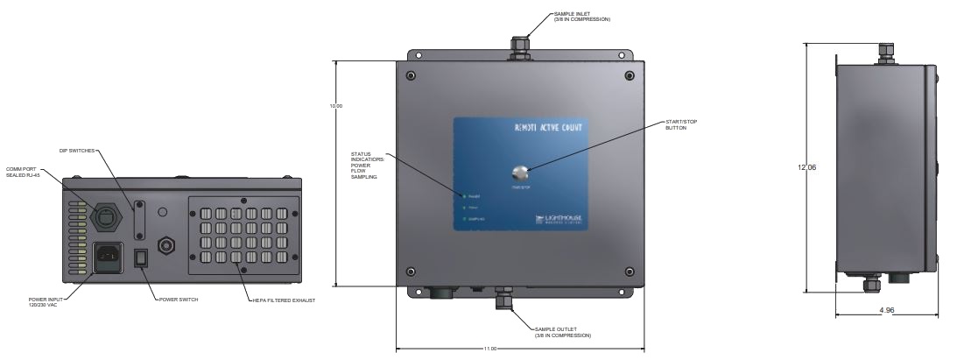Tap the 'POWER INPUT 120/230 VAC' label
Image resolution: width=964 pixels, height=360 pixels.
pyautogui.click(x=44, y=303)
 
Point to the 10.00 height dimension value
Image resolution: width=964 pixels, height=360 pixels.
pyautogui.click(x=335, y=107)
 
